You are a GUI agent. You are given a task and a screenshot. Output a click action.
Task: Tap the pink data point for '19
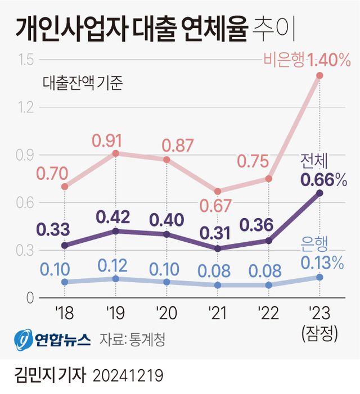click(115, 153)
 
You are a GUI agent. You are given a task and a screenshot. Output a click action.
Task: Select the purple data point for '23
click(319, 193)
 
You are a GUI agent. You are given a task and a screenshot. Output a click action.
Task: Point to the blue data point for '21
click(218, 285)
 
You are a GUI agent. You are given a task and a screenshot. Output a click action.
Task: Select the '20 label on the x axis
click(166, 313)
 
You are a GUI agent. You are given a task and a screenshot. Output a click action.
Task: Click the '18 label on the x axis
click(64, 313)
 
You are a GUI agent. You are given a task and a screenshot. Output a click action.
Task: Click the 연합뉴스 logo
click(53, 339)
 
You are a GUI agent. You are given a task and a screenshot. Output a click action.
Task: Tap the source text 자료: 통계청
click(133, 339)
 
